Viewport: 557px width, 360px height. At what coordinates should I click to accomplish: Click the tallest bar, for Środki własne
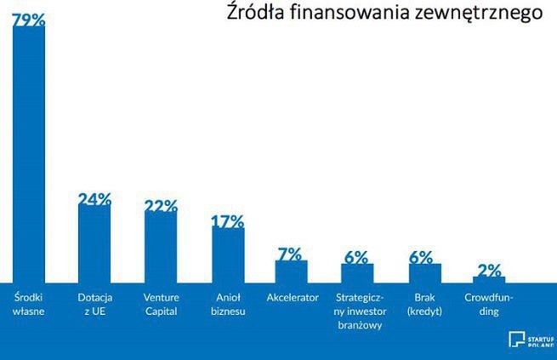29,153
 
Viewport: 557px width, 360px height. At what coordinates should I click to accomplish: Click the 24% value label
94,199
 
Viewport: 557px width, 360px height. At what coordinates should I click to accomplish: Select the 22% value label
161,206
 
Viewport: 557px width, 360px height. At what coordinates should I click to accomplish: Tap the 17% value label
227,221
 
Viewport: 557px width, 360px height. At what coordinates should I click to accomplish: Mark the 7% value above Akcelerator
290,254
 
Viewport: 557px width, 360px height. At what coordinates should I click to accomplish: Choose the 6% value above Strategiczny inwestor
356,257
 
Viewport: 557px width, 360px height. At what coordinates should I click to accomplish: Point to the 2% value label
489,271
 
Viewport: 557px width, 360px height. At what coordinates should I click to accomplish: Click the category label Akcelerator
292,298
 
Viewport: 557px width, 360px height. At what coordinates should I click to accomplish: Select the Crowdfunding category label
488,304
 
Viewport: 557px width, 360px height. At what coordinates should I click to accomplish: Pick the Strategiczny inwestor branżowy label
358,311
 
